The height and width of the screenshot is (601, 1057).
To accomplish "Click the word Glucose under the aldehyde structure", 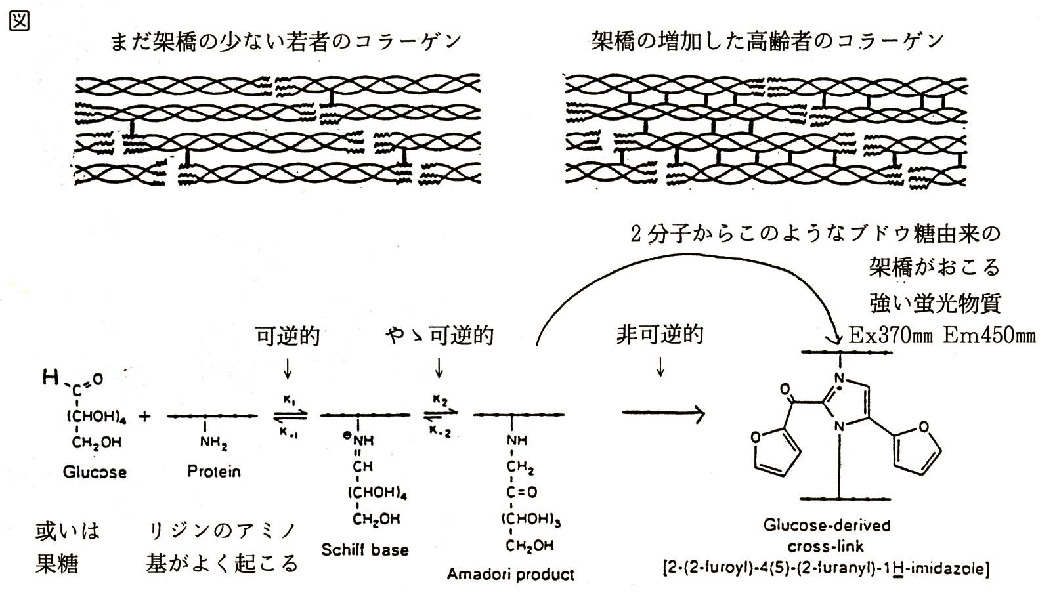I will [x=95, y=472].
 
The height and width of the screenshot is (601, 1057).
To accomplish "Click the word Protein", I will [x=213, y=471].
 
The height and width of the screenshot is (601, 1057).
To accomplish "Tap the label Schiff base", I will [x=364, y=549].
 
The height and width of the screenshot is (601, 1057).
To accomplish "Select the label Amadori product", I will [x=510, y=574].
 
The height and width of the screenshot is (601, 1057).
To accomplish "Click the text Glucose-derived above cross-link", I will [x=827, y=526].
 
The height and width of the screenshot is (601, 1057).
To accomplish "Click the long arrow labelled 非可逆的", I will [x=663, y=413].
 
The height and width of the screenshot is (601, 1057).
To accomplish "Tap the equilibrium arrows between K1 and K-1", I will [x=290, y=415].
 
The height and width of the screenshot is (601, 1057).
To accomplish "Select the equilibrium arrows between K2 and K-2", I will [x=440, y=415].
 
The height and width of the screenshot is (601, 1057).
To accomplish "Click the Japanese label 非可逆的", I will [x=660, y=335].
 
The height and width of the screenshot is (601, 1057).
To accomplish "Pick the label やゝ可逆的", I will [x=439, y=336].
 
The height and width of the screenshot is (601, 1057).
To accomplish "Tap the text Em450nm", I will [x=989, y=336].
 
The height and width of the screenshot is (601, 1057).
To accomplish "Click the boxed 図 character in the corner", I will [x=19, y=20].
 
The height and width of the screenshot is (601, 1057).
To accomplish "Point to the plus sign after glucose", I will [x=144, y=416].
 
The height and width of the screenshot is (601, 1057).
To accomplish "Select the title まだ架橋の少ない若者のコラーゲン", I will [x=286, y=42].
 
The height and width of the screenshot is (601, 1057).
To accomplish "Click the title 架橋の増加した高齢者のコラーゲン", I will [x=767, y=42].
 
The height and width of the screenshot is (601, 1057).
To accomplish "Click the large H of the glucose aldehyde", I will [x=51, y=377].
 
